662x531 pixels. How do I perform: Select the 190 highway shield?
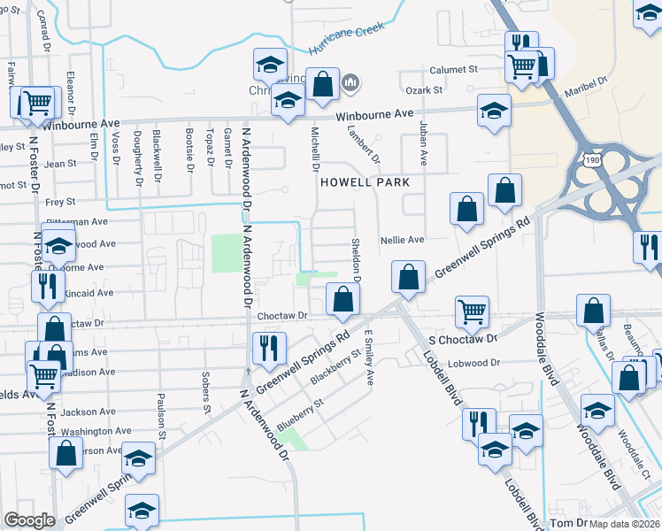[x=593, y=158]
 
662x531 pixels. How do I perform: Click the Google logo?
[x=30, y=520]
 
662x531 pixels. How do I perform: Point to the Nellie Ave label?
[x=403, y=240]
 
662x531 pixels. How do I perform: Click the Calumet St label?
[x=454, y=68]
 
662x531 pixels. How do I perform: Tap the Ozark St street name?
[x=425, y=90]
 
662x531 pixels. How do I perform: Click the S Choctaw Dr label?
[x=463, y=339]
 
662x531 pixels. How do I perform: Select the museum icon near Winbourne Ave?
[x=351, y=83]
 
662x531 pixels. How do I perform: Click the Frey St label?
[x=61, y=203]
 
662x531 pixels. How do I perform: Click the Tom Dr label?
[x=569, y=523]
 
